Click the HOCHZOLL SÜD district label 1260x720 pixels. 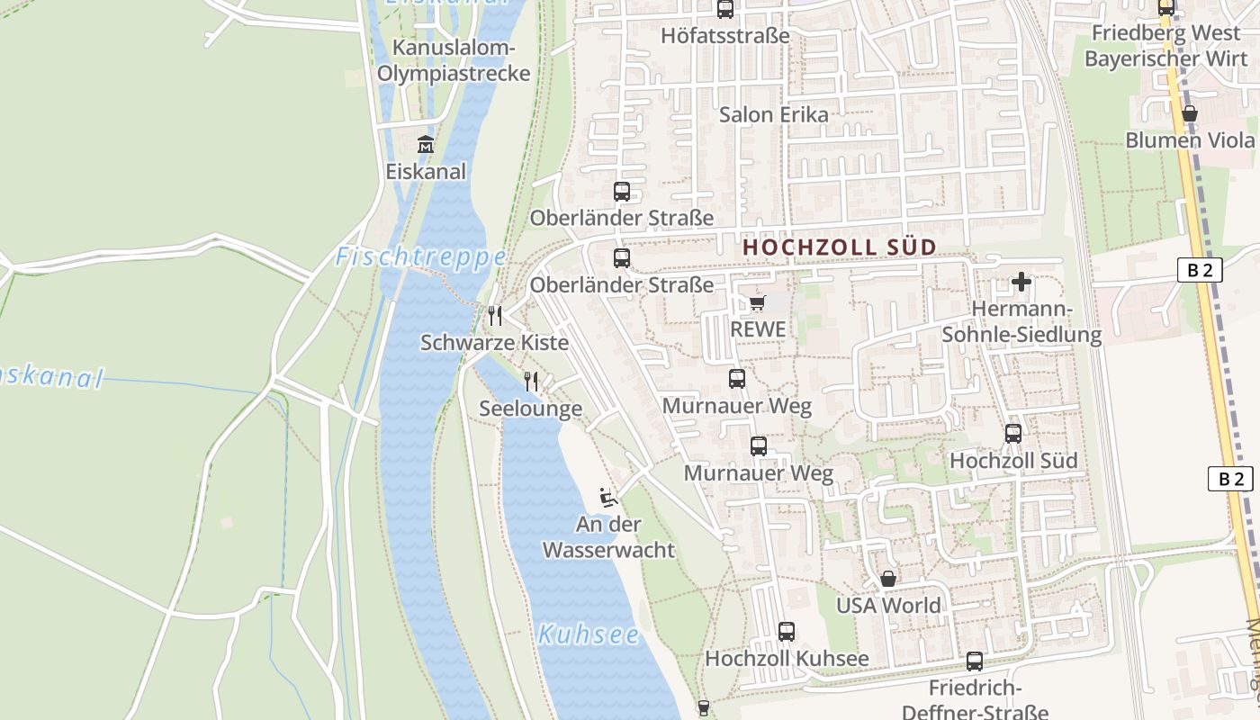839,247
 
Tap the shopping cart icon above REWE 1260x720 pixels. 757,302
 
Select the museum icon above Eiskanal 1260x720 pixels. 425,144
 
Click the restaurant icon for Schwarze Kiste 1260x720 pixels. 495,315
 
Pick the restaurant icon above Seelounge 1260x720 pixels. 531,382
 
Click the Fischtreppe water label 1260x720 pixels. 421,258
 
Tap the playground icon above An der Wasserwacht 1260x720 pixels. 608,497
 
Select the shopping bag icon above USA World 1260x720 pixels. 888,579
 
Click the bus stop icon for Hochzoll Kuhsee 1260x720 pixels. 787,631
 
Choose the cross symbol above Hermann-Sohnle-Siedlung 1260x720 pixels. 1021,283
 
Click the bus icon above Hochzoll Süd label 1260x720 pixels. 1013,434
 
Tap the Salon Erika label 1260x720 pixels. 774,115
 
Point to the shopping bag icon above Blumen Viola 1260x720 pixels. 1190,113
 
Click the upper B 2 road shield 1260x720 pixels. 1200,269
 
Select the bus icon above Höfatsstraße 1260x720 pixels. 725,9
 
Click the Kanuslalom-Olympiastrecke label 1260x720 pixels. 454,60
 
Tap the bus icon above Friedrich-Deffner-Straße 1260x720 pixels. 975,661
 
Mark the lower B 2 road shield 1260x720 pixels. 1230,479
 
